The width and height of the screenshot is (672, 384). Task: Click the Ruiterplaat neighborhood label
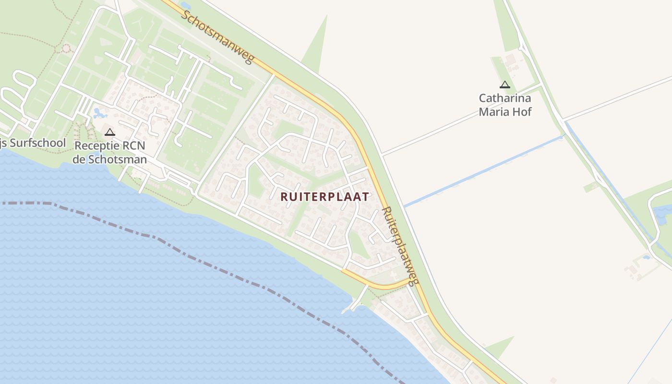325,197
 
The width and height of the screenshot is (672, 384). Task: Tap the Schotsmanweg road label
217,36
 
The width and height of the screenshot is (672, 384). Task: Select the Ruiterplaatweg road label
400,245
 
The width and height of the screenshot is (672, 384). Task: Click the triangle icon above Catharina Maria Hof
504,85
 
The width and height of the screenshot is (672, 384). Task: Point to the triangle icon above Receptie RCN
110,132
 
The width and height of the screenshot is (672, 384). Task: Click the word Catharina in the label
505,98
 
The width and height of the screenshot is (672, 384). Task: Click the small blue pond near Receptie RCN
100,114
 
